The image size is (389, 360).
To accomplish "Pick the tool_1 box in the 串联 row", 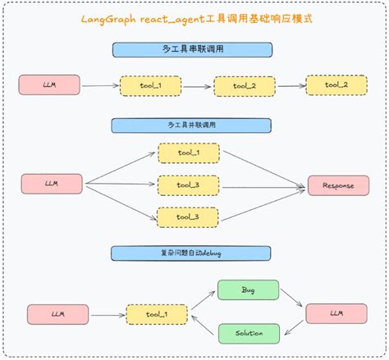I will tap(151, 85).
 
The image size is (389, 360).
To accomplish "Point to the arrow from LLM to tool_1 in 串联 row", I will tap(101, 84).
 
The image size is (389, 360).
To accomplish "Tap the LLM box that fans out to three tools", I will tap(52, 185).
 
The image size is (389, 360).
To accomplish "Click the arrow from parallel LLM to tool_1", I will tap(120, 168).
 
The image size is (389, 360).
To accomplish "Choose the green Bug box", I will tap(248, 290).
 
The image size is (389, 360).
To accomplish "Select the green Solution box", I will tap(248, 332).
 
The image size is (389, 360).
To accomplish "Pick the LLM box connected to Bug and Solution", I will tap(336, 312).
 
